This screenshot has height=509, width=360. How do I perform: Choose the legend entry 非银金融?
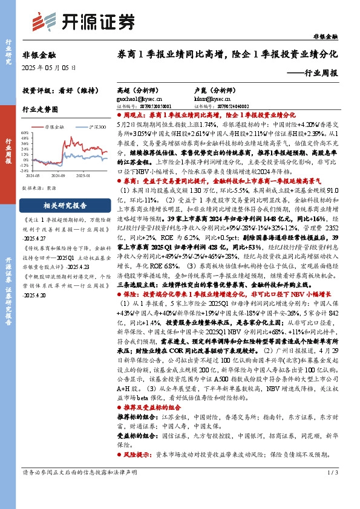[54, 127]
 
